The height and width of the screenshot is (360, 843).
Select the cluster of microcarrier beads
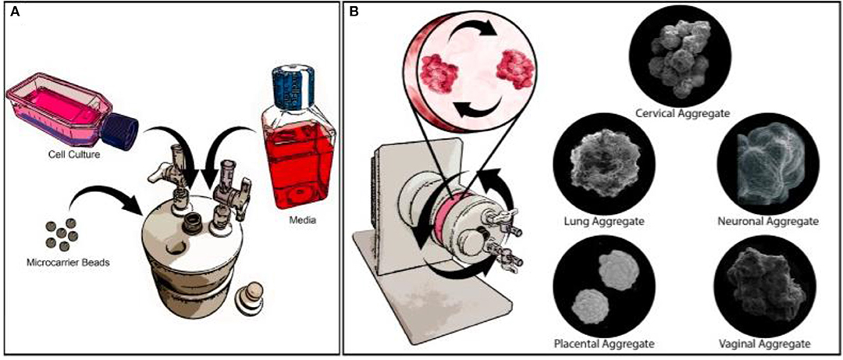[57, 233]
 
